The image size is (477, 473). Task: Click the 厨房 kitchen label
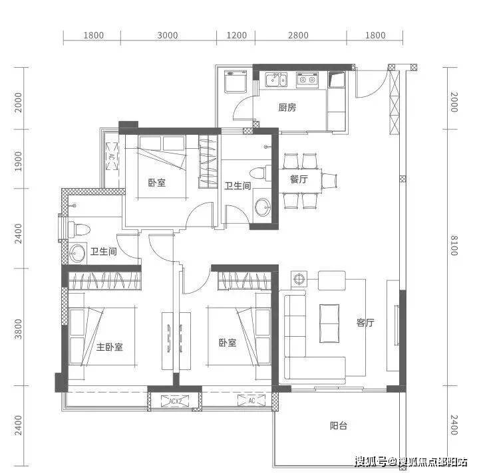pos(287,107)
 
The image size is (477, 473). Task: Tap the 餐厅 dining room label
pos(299,179)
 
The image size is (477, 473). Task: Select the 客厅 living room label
pos(365,323)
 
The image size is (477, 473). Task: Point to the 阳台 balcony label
pos(339,426)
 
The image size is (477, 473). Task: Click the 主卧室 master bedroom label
pos(110,347)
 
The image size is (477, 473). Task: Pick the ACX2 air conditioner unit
pos(175,401)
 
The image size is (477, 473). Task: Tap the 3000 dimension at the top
pos(168,35)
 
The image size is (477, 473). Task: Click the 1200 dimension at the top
pos(236,35)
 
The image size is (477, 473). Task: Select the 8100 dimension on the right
pos(454,245)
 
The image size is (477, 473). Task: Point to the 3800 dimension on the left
pos(18,329)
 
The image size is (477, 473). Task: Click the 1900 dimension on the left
pos(18,161)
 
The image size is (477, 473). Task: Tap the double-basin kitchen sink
pos(276,80)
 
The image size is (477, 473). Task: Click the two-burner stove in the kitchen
pos(307,80)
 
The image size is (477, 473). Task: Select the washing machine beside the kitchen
pos(236,82)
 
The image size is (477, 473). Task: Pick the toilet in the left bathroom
pos(79,229)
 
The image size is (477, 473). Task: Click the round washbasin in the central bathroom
pos(262,207)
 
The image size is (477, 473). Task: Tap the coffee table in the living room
pos(329,324)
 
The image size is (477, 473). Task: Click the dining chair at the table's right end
pos(329,181)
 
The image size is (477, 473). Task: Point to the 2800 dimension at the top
pos(298,35)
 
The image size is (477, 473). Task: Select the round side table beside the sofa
pos(299,279)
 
